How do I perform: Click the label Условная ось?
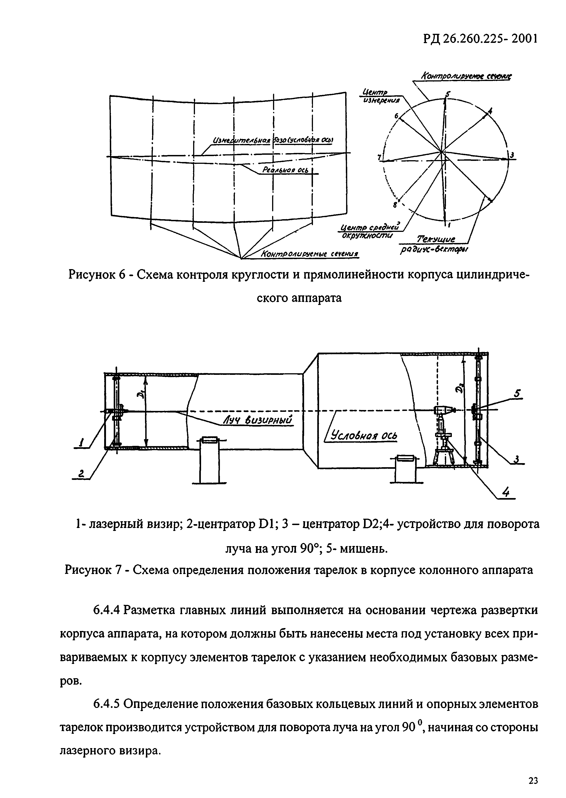(x=364, y=436)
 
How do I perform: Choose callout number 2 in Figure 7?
(x=81, y=473)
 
